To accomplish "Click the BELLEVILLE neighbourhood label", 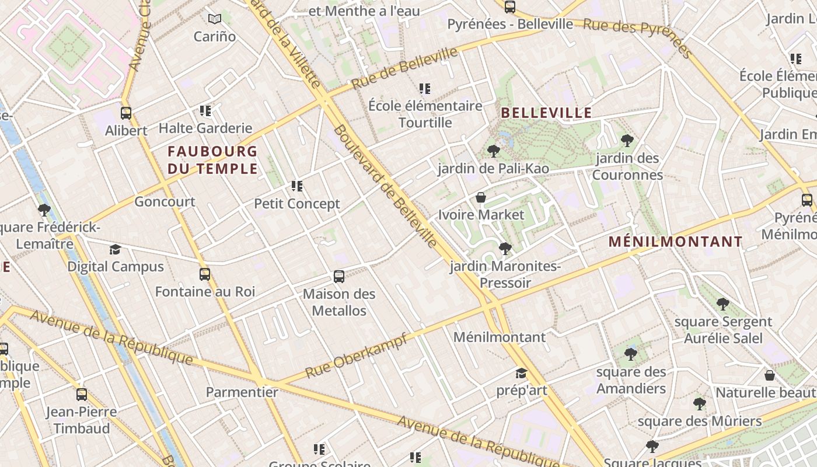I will point(546,113).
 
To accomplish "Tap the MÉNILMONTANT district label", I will point(675,242).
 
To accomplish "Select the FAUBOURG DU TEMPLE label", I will point(212,160).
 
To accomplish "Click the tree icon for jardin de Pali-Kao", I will point(493,152).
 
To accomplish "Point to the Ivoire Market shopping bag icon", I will point(481,198).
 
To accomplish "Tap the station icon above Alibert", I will point(126,113).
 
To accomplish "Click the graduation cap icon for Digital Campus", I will point(115,250).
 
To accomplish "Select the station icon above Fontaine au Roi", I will point(205,274).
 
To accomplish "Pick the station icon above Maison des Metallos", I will point(339,277).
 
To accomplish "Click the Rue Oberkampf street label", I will point(355,356).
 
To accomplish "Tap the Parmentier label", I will point(242,392).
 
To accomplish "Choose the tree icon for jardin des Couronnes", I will point(627,141).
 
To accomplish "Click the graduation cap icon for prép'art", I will point(521,374).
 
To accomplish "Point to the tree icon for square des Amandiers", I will point(631,354).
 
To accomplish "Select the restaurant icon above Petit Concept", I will point(297,187).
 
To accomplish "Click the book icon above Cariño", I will point(215,19).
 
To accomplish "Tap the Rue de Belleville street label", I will point(404,68).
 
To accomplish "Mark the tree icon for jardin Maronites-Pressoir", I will point(505,249).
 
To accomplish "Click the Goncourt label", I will point(165,202).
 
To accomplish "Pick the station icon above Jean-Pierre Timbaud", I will point(82,395).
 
